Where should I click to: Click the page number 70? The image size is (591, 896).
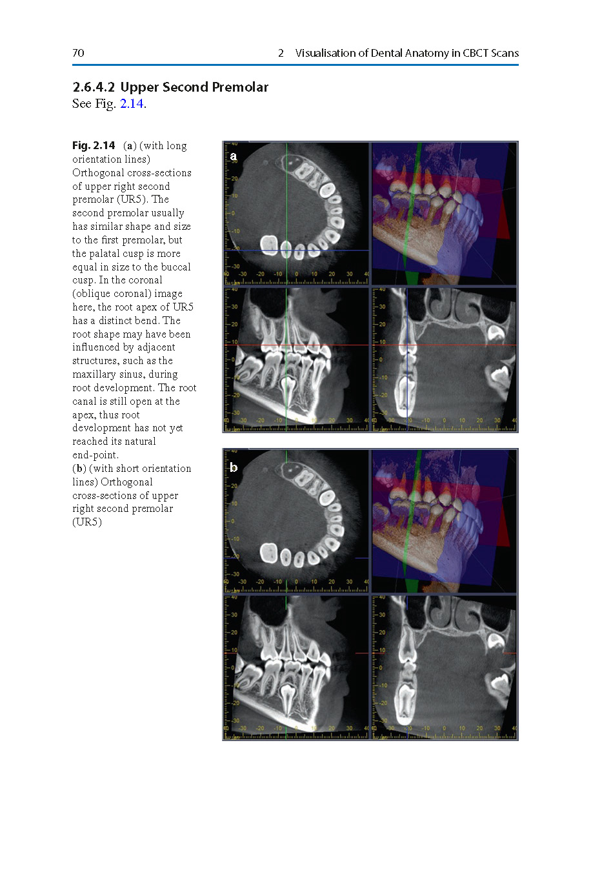click(x=78, y=53)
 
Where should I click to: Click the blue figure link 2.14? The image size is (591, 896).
click(x=132, y=104)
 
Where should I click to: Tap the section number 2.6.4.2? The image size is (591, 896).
click(x=94, y=87)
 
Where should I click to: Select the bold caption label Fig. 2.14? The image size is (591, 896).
click(x=94, y=146)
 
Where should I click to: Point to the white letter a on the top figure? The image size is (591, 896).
click(x=234, y=156)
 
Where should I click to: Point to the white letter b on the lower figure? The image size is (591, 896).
click(x=234, y=467)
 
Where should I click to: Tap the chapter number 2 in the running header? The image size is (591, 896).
click(x=281, y=53)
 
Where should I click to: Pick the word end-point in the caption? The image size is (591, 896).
click(x=95, y=455)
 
